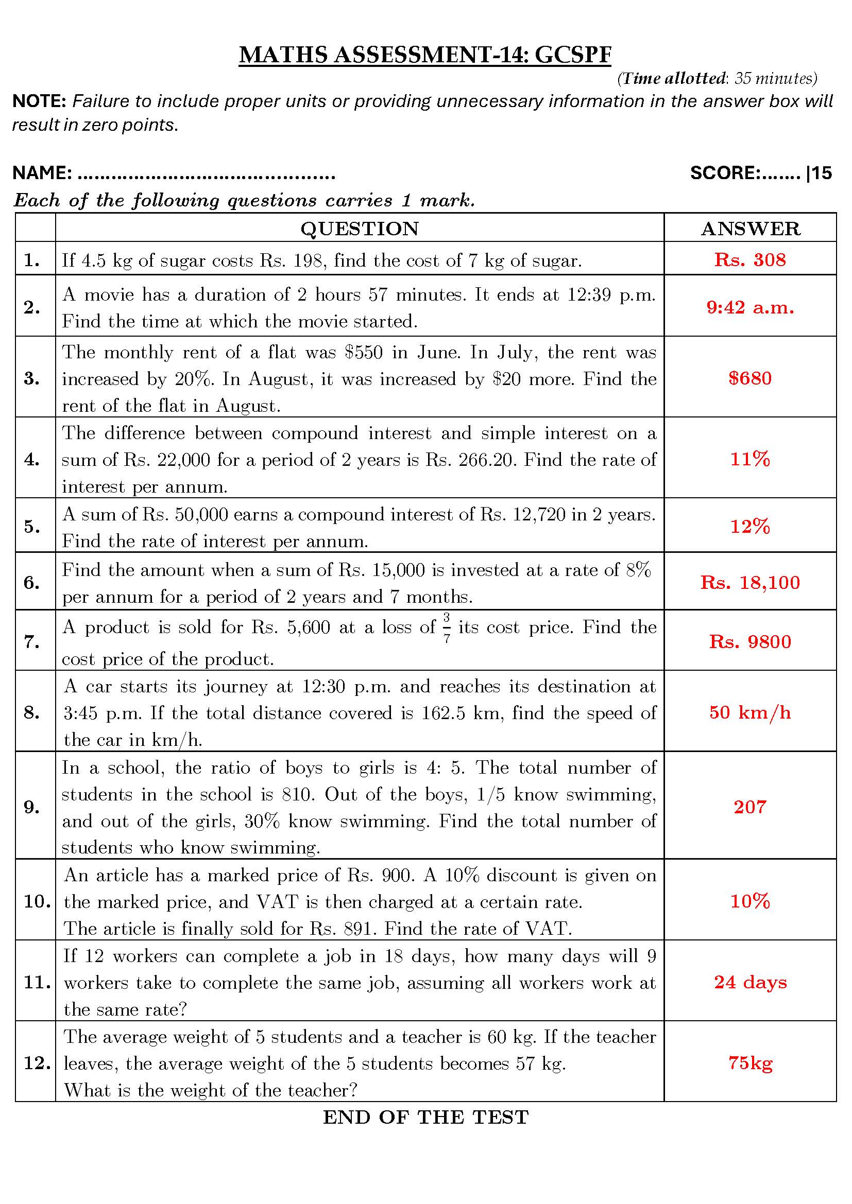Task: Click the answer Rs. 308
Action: pos(749,259)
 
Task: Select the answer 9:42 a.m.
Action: pos(749,307)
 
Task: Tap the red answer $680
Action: pos(749,378)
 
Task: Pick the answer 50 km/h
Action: pos(749,712)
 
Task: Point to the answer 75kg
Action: pos(749,1063)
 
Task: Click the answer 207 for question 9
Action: pos(749,807)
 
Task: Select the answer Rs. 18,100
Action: pos(749,582)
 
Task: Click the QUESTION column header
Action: pos(360,229)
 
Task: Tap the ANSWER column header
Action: pos(750,229)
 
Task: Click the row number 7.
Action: pos(32,641)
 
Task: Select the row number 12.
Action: pos(37,1063)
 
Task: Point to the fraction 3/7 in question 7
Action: pos(447,628)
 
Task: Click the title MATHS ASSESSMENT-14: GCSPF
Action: pos(425,55)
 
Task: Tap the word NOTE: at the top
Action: pos(39,101)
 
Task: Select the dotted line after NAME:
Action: pos(206,174)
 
